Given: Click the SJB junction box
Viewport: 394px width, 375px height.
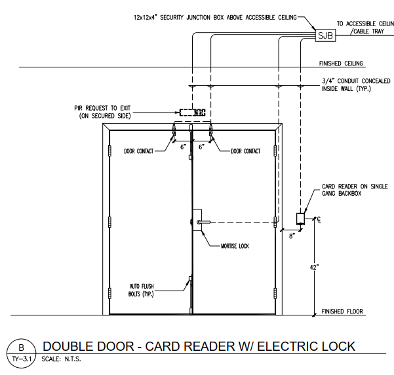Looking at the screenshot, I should tap(325, 37).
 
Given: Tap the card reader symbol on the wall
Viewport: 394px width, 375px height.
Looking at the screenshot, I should tap(301, 218).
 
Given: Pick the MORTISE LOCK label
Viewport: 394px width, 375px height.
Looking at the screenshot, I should tap(235, 246).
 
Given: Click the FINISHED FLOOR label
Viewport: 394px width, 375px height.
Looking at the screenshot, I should tap(342, 312).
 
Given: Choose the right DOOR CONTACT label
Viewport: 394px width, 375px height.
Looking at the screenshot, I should tap(246, 151).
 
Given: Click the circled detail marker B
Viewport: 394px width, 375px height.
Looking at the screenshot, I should tap(20, 348).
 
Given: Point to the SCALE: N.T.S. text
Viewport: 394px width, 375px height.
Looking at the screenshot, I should tap(62, 359).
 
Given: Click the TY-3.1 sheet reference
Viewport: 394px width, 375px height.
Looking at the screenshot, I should tap(20, 359).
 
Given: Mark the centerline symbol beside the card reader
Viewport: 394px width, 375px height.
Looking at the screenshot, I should tap(317, 220).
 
